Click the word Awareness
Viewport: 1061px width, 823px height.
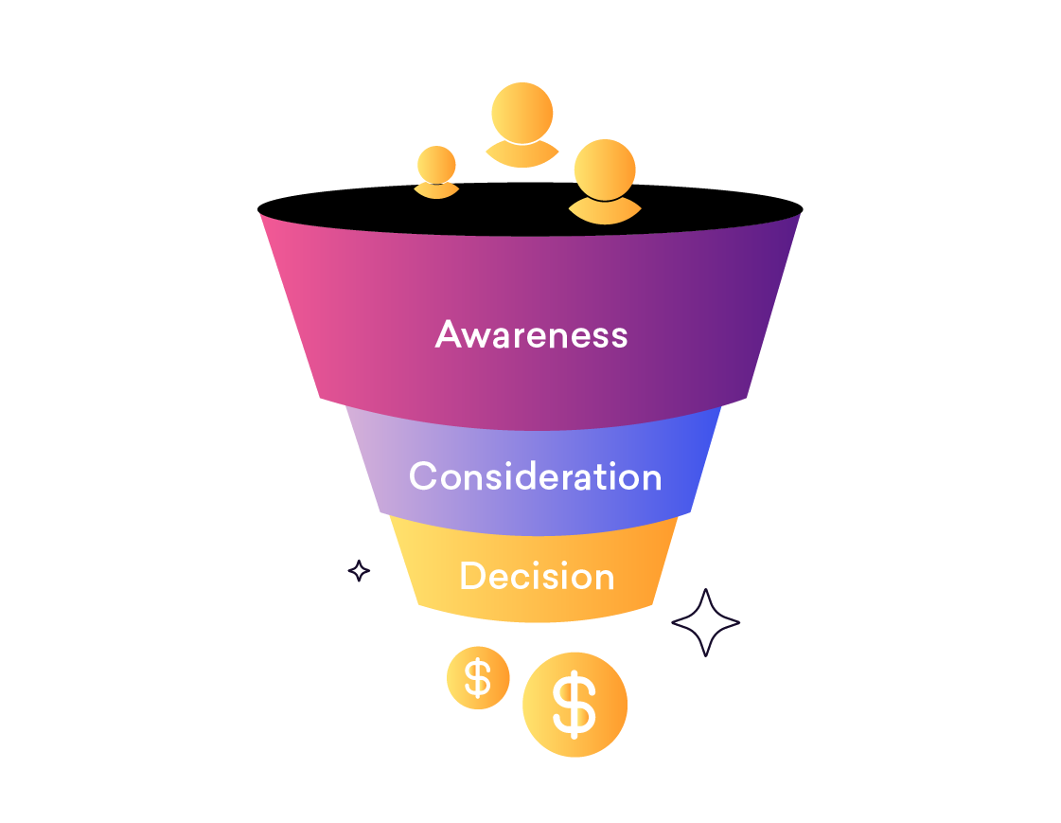coord(531,334)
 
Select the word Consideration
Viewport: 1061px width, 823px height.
coord(535,475)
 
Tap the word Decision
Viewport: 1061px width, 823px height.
coord(537,576)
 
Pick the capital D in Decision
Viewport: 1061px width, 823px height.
coord(471,576)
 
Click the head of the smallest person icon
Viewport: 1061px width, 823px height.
coord(436,164)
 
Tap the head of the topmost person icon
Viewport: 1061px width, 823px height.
coord(522,113)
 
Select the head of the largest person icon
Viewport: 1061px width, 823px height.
coord(604,170)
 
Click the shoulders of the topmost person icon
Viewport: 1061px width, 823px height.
coord(522,154)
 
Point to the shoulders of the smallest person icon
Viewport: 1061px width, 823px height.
coord(436,190)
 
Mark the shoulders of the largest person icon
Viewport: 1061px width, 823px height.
coord(604,212)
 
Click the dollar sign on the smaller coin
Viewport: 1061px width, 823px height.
coord(478,677)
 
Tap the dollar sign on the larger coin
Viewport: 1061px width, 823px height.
coord(575,705)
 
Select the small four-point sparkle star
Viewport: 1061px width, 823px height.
coord(359,570)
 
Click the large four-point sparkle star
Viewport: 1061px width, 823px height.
coord(705,622)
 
